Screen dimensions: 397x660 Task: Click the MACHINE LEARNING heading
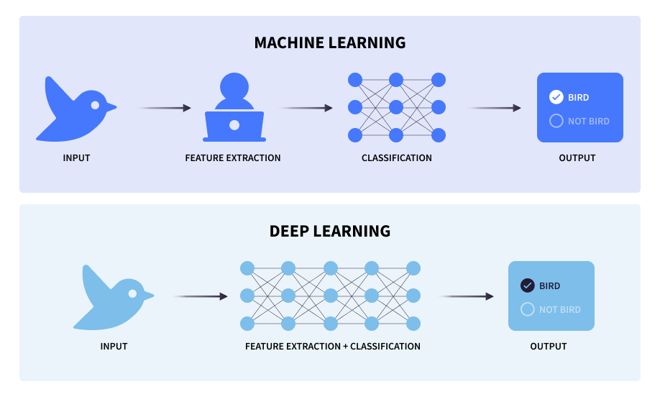(x=330, y=42)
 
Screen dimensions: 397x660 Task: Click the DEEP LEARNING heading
(x=330, y=231)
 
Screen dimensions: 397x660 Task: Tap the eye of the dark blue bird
(x=95, y=105)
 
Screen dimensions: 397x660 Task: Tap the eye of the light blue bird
(x=132, y=293)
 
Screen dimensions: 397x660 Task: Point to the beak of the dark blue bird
(x=111, y=108)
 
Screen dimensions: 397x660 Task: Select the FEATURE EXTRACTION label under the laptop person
(x=233, y=158)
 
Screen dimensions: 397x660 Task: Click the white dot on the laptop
(x=234, y=125)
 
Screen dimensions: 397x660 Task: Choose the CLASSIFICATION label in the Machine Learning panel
(x=397, y=158)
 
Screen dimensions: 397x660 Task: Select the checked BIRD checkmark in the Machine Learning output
(x=556, y=97)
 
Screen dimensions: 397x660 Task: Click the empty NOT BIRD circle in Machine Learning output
(x=556, y=121)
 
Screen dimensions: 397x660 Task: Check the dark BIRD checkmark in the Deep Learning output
(x=527, y=286)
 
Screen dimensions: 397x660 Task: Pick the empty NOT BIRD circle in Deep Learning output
(x=527, y=309)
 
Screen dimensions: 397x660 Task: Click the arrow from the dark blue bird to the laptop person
(x=165, y=108)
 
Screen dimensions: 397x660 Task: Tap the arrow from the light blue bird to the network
(x=201, y=296)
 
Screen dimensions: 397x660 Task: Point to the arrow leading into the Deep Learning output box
(x=466, y=296)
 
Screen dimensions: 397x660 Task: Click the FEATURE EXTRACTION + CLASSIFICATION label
(x=333, y=346)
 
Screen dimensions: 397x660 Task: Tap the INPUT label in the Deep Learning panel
(x=114, y=346)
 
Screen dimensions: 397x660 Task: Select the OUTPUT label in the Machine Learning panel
(x=577, y=158)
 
